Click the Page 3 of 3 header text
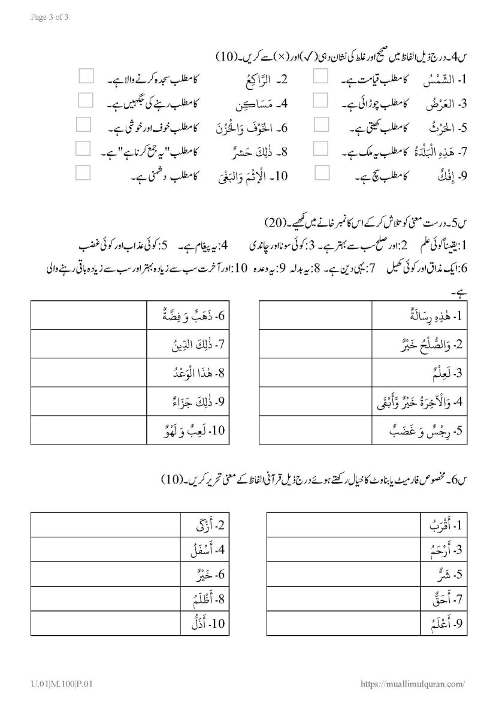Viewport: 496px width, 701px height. pos(49,17)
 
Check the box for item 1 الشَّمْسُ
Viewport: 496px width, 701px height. pos(322,76)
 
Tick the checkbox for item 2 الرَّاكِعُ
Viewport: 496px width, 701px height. pos(86,76)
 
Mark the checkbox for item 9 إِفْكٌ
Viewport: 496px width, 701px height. pos(322,174)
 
